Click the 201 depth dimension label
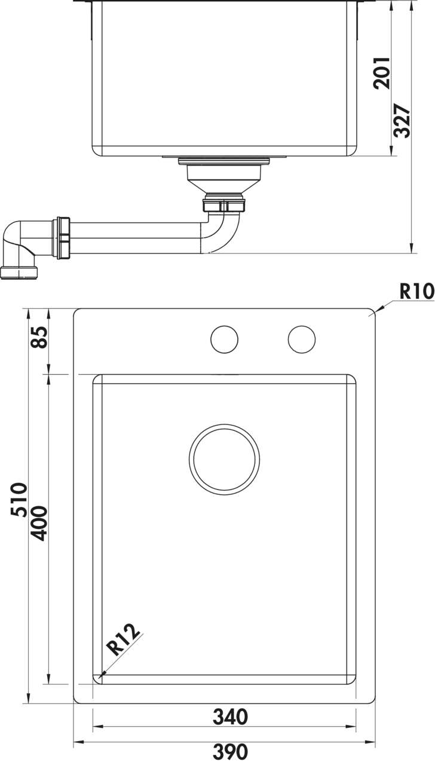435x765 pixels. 382,73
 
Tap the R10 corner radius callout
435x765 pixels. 417,292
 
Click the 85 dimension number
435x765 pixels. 39,338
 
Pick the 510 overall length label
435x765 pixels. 19,500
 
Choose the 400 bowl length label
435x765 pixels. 37,524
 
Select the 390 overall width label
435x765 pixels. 230,751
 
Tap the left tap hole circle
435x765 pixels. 224,339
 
